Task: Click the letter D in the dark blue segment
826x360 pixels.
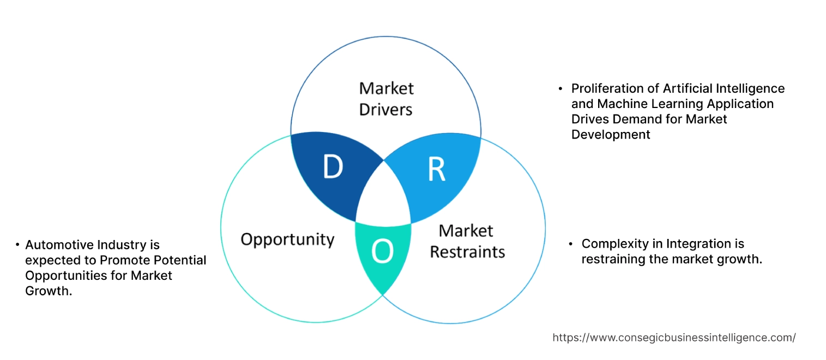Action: [x=333, y=167]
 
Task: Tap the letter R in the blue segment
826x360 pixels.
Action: [x=436, y=170]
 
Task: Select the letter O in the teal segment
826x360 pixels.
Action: [x=382, y=251]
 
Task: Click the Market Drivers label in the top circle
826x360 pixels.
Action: [x=386, y=99]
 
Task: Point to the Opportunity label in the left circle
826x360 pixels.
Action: [x=287, y=239]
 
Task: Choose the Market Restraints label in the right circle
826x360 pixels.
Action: [x=467, y=241]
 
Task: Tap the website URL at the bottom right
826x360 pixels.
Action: [x=674, y=338]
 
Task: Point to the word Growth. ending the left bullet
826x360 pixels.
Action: [x=49, y=291]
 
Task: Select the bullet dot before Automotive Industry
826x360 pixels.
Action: [x=17, y=245]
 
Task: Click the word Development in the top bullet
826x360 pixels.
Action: [x=611, y=134]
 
